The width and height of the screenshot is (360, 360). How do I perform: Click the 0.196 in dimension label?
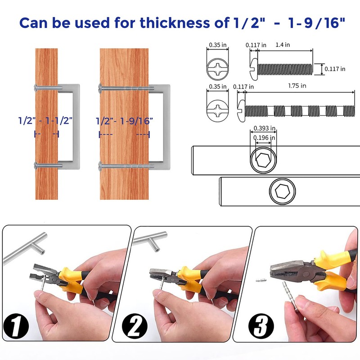pyautogui.click(x=264, y=138)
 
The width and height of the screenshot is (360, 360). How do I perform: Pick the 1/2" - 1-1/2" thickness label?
pyautogui.click(x=45, y=121)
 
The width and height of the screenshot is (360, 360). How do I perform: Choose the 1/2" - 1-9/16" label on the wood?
pyautogui.click(x=124, y=121)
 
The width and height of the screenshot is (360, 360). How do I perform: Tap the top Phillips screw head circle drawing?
pyautogui.click(x=219, y=70)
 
